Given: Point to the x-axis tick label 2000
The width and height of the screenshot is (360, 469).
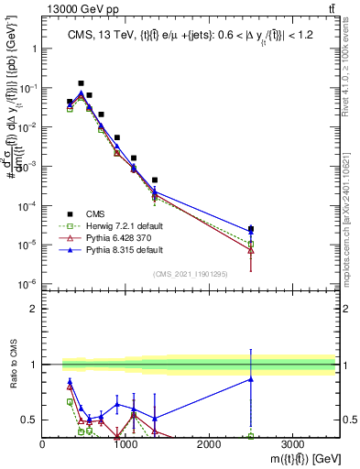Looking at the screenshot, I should tap(209, 443).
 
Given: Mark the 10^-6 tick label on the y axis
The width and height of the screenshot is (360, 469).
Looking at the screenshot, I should tap(27, 283).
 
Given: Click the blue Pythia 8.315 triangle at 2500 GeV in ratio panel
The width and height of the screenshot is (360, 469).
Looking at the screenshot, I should tap(251, 379).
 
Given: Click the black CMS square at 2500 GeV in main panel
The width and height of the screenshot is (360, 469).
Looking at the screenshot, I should tap(251, 229).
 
